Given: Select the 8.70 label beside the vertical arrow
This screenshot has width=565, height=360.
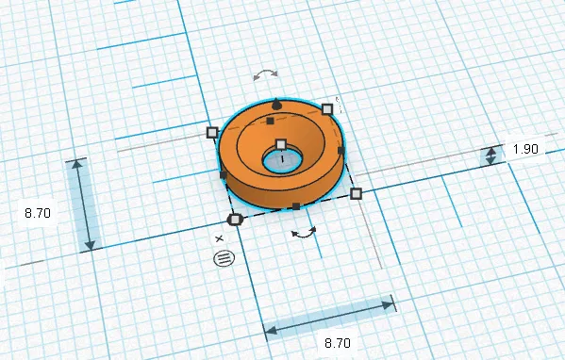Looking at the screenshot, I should (x=38, y=213).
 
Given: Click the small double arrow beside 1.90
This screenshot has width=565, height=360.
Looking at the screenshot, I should (x=490, y=155).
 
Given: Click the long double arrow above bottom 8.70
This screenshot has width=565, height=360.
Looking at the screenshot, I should (x=329, y=317).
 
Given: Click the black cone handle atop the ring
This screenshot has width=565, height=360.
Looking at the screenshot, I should (x=275, y=101).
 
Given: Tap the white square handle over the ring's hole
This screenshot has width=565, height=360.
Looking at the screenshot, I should (x=280, y=144).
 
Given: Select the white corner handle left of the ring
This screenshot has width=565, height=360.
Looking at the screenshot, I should (x=212, y=133).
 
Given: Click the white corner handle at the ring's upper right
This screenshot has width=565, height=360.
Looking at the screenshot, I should (x=327, y=109).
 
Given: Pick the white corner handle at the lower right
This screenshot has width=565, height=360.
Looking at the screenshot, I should (x=356, y=194).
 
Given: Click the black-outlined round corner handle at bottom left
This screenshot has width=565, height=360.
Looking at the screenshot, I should (x=236, y=219).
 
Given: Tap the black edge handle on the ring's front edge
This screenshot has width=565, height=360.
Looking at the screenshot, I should (x=295, y=206).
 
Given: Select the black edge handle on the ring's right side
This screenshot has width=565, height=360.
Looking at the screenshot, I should (x=341, y=150).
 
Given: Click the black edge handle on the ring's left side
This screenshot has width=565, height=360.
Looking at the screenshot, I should (x=224, y=175).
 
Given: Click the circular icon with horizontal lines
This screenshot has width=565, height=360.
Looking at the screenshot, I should (x=223, y=257).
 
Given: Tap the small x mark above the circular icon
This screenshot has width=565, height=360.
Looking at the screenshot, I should (x=219, y=238).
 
